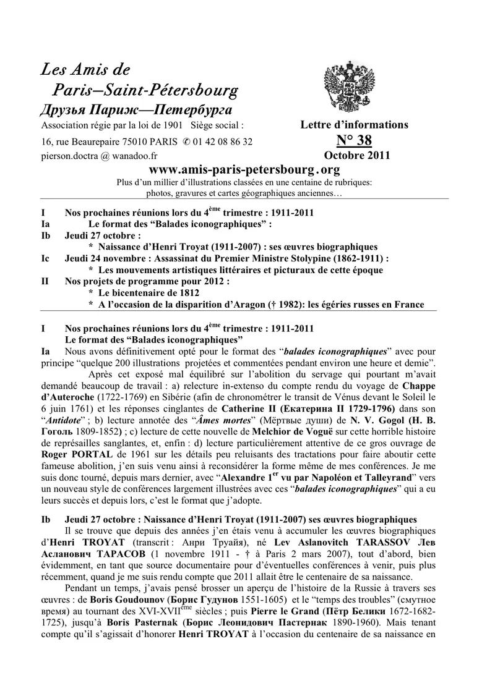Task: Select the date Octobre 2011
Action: pos(356,156)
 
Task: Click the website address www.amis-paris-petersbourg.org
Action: pos(245,169)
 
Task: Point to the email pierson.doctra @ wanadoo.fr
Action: pos(95,156)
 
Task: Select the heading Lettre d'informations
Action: pos(354,125)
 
